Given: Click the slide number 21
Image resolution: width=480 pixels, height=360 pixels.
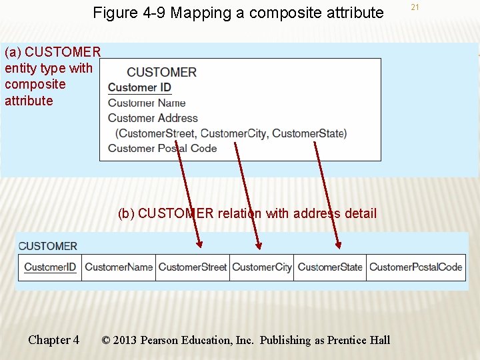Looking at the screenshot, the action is click(x=415, y=7).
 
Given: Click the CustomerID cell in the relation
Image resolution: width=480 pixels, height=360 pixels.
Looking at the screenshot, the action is click(x=50, y=267).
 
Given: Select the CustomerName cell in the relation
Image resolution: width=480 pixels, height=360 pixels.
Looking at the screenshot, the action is click(x=119, y=267).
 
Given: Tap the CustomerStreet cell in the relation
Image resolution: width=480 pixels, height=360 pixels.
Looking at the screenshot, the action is click(x=193, y=267).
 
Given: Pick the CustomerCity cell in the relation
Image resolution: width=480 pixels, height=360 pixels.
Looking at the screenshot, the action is click(x=262, y=267).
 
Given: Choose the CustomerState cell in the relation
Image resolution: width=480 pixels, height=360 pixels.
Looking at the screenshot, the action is click(x=330, y=267).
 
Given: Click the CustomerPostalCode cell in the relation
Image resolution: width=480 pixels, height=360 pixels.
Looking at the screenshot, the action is click(x=415, y=267).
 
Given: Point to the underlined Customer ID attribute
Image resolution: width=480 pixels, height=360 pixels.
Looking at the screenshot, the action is click(x=139, y=87).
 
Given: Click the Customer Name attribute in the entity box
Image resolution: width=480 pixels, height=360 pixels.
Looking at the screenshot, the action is click(x=147, y=103).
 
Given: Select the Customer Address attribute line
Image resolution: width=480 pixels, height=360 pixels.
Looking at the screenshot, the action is click(x=153, y=118).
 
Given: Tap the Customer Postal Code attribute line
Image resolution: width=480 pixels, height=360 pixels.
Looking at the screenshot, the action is click(x=162, y=148).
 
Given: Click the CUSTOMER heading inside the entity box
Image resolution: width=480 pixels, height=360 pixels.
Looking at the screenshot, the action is click(x=161, y=72).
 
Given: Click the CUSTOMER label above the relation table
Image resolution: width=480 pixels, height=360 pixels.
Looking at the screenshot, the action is click(x=48, y=246).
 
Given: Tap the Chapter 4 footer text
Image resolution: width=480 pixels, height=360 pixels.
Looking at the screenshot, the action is click(x=53, y=340).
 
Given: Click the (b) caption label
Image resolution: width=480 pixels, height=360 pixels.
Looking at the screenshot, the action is click(x=126, y=213).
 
